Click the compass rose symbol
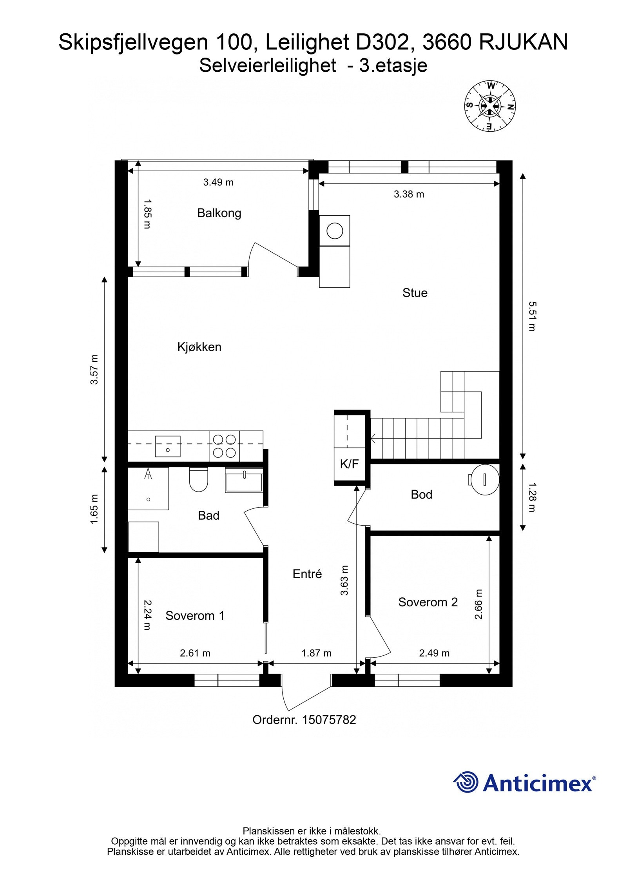pos(490,106)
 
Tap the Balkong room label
pos(219,213)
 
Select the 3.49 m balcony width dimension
pos(218,182)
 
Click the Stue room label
pos(415,293)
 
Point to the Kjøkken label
pos(199,347)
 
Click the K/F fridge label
pos(349,464)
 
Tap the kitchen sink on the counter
pos(167,446)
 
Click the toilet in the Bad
pos(198,480)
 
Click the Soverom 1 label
pos(195,615)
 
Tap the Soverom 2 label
pos(428,602)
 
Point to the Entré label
pos(307,574)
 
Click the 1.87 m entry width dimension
pos(316,653)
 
